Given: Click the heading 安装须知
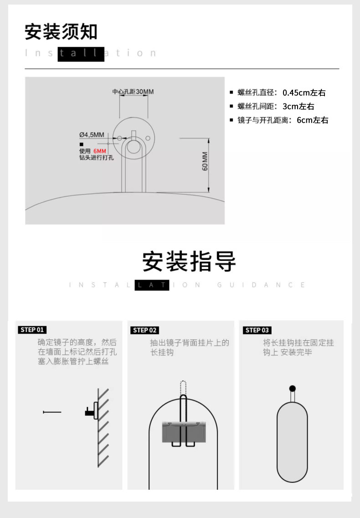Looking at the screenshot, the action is coord(61,32).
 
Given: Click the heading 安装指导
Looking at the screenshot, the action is coord(189,261).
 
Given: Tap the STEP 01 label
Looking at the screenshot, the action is coord(32,330).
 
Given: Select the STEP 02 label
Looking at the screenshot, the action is coord(144,330).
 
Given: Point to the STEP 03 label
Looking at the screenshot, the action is coord(257,330).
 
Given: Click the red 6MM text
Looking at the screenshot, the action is coord(100,151).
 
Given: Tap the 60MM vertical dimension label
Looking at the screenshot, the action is coord(205,161).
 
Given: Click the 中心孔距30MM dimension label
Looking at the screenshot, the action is coord(133,92).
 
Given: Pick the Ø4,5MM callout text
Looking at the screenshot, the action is coord(92,135).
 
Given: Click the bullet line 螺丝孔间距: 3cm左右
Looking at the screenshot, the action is coord(272,106).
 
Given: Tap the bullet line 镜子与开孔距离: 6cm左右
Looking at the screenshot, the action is coord(279,120).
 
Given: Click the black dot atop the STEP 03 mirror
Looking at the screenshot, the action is coord(292,388).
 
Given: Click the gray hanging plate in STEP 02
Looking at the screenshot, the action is coord(184,432).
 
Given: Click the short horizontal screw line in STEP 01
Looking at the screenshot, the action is coord(52,412).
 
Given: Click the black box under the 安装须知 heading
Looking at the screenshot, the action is coord(81,54).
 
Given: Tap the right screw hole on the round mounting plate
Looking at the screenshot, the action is coord(148,138).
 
